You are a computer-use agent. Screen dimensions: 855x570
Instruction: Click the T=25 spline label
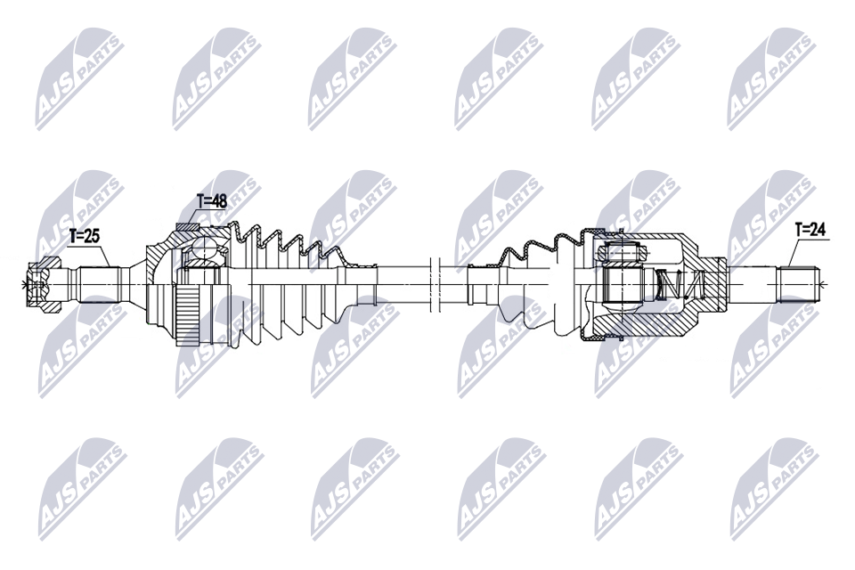[x=85, y=236]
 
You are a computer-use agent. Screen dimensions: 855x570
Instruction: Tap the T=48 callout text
[x=212, y=201]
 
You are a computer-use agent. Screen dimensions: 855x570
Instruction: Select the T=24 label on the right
[x=810, y=230]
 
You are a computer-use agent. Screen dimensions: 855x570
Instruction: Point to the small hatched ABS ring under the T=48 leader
[x=186, y=227]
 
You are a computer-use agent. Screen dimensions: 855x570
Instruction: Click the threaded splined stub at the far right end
[x=798, y=283]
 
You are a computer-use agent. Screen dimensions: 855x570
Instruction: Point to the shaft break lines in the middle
[x=436, y=283]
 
